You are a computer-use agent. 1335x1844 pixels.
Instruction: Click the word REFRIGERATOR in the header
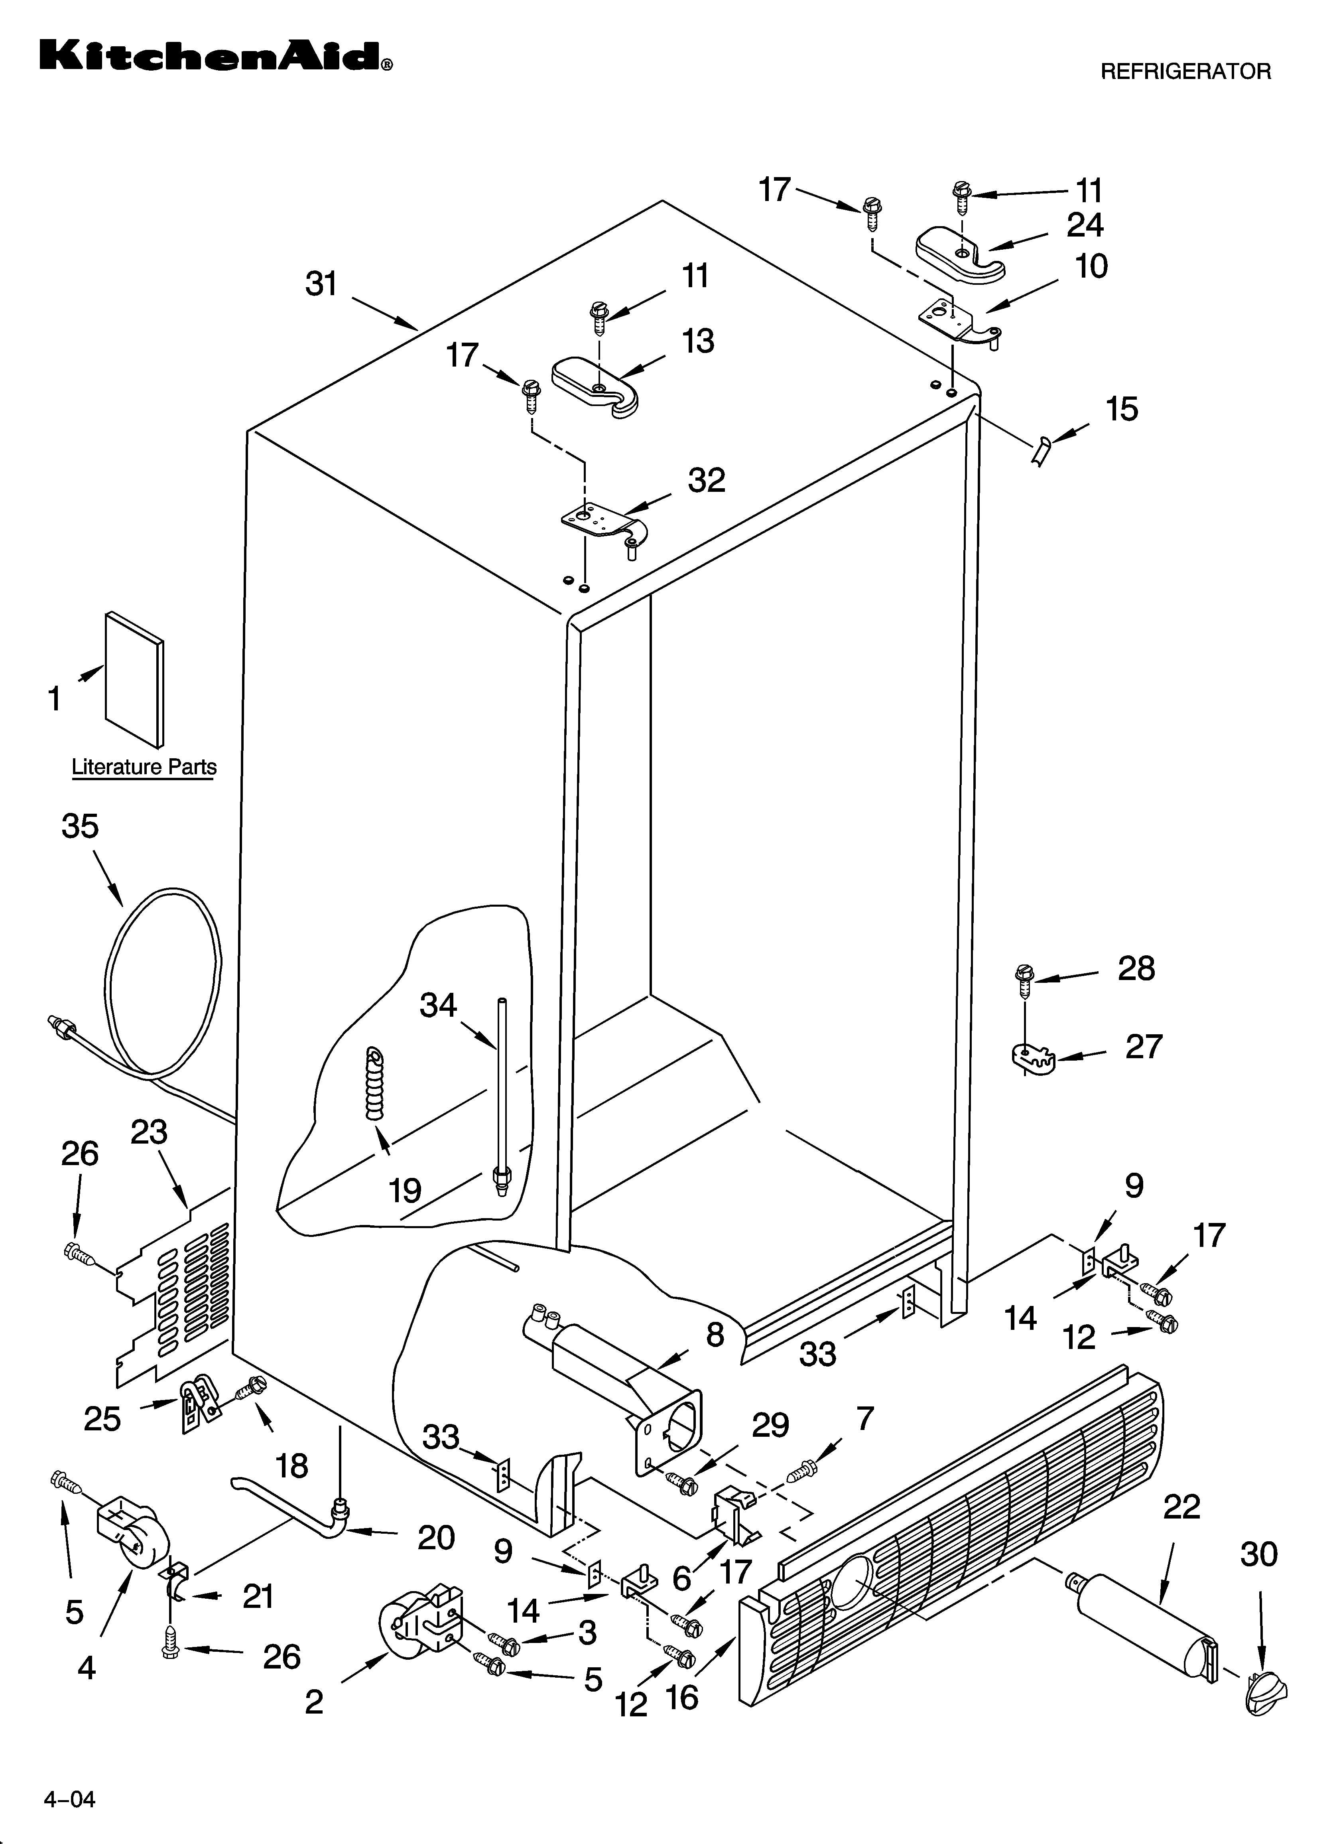tap(1185, 71)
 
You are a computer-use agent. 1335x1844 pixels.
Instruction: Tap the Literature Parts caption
tap(144, 767)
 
